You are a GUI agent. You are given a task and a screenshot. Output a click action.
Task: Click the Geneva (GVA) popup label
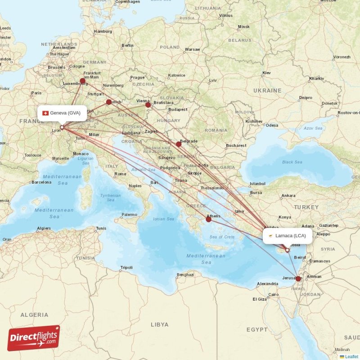[x=63, y=113]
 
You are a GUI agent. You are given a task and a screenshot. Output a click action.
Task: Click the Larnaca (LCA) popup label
[x=288, y=236]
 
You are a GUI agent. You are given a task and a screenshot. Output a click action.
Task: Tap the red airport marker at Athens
[x=209, y=220]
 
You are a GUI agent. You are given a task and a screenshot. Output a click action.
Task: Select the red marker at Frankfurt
[x=83, y=81]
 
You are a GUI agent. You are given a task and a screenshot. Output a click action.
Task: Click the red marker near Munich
[x=109, y=102]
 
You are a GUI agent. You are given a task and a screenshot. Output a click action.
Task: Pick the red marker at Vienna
[x=148, y=105]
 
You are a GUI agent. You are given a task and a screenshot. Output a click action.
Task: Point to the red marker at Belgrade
[x=179, y=144]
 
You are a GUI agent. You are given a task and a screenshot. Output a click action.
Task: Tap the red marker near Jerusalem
[x=298, y=279]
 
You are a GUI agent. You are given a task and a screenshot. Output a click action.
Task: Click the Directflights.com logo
[x=34, y=338]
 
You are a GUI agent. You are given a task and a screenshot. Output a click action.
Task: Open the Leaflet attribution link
[x=351, y=356]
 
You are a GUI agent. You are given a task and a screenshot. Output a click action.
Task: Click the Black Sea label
[x=292, y=162]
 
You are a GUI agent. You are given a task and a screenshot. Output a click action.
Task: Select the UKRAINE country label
[x=267, y=90]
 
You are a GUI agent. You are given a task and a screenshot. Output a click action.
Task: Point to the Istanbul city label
[x=258, y=184]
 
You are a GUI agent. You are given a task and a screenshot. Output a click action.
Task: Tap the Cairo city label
[x=273, y=295]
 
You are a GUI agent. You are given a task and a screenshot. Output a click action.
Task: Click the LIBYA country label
[x=159, y=324]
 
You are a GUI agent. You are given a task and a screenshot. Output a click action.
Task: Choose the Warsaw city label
[x=192, y=49]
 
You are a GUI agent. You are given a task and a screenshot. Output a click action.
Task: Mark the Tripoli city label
[x=126, y=268]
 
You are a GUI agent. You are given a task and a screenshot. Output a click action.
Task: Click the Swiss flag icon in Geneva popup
[x=45, y=113]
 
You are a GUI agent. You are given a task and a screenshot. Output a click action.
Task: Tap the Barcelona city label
[x=41, y=182]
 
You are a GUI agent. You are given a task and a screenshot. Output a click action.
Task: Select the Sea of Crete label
[x=222, y=237]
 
